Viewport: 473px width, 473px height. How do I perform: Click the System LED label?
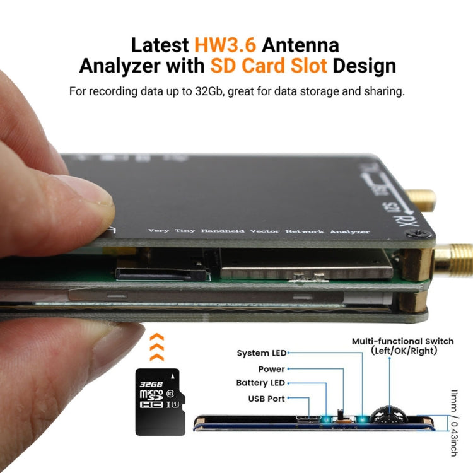pos(261,353)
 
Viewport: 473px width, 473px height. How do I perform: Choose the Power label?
pos(271,369)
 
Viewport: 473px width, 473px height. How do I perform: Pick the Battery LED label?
pos(260,383)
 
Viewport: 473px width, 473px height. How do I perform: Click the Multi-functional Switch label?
pos(411,341)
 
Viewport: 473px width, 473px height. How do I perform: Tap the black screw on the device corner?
pos(416,235)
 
